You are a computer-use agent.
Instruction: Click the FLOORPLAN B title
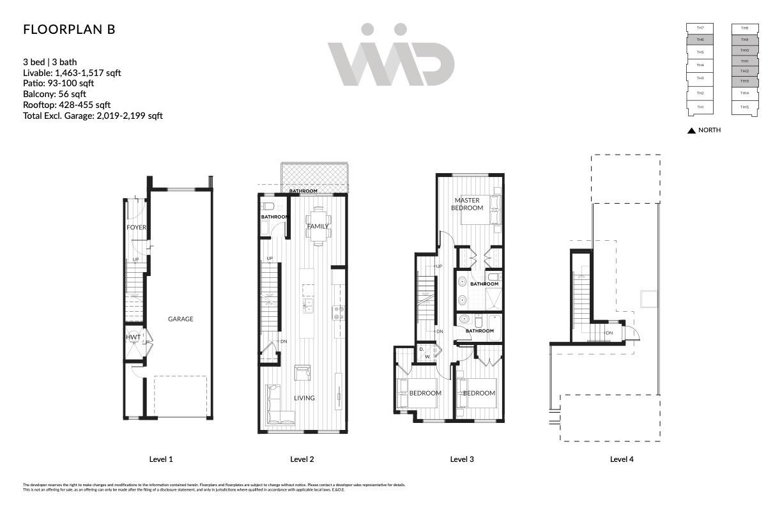69,30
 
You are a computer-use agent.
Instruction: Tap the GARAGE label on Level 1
180,319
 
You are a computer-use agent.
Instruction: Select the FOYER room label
136,227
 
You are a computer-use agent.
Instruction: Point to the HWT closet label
133,337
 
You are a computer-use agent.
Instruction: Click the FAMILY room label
318,226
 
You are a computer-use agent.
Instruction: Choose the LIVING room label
304,398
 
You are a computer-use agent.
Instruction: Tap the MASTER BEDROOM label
467,204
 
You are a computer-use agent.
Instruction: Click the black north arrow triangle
691,130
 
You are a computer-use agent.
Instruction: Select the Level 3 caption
462,459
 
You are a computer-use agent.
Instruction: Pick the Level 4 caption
622,459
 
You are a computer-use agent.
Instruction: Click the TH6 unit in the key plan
700,40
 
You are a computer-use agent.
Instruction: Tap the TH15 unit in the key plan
745,107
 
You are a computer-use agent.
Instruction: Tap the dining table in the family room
318,224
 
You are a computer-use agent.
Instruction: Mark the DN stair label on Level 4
609,333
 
